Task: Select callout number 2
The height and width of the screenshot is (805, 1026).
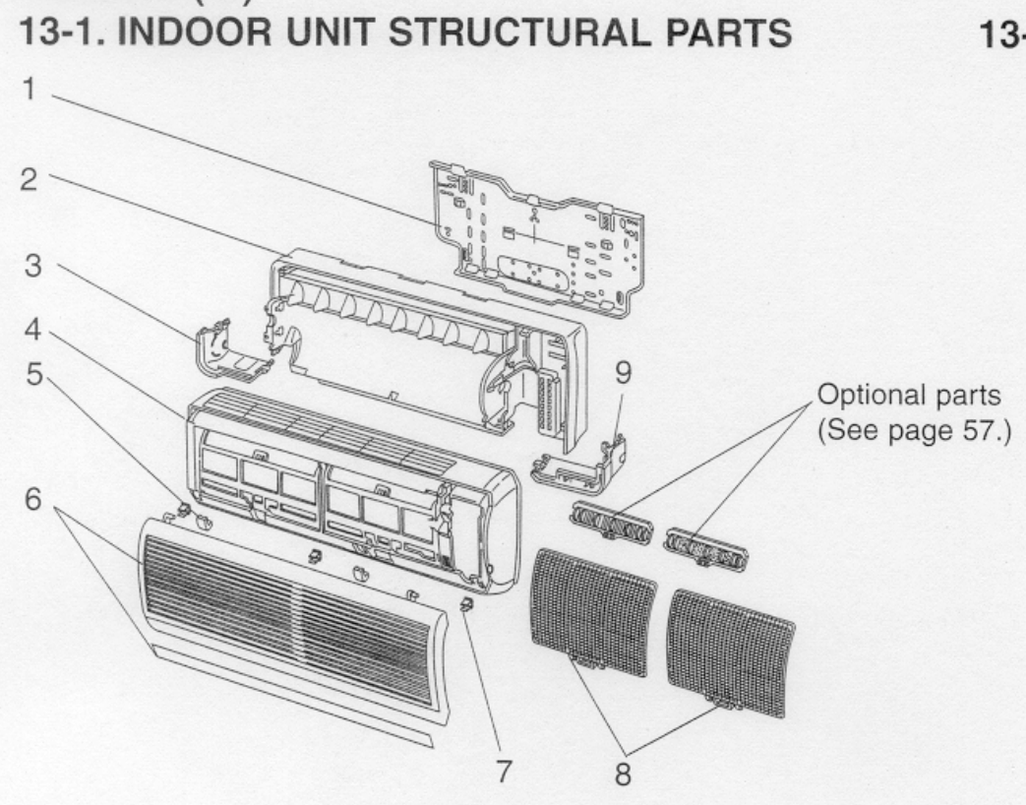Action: click(32, 181)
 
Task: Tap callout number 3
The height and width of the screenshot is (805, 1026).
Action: click(32, 269)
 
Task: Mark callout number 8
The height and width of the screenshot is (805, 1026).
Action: click(621, 774)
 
